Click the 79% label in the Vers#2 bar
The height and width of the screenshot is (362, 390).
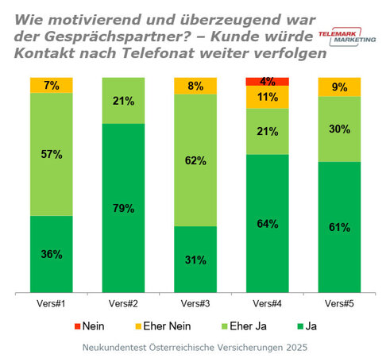point(124,208)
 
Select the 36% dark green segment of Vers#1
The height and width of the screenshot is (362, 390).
point(52,254)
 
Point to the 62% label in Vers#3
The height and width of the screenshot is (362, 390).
point(196,160)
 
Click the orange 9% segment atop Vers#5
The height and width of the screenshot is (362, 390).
point(340,87)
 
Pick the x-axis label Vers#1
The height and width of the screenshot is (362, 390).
point(52,302)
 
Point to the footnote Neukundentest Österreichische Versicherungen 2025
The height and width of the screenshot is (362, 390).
point(195,348)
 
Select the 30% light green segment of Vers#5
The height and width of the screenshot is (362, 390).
point(340,129)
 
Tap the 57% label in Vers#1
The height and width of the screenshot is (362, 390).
point(52,155)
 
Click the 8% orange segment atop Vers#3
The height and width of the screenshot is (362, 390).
point(196,86)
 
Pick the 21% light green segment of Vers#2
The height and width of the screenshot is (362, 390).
point(124,100)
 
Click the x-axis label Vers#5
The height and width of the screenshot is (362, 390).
point(340,302)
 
